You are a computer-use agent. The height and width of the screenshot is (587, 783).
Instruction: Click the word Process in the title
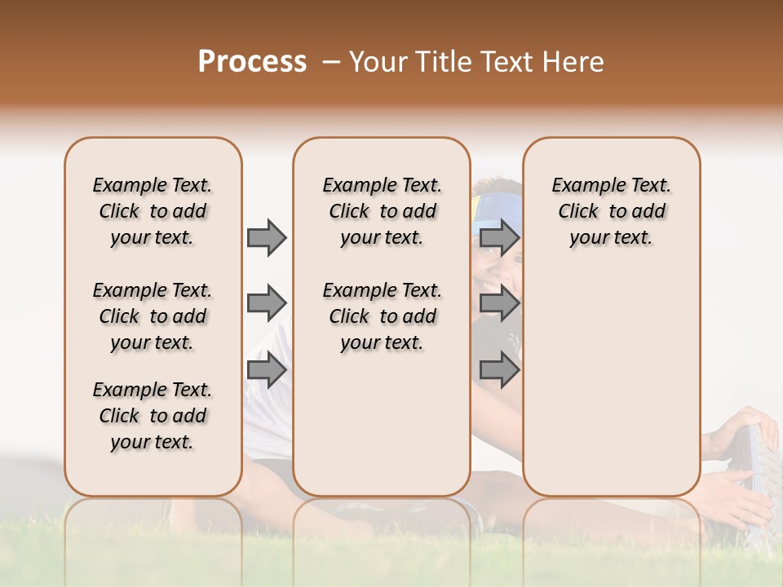(252, 62)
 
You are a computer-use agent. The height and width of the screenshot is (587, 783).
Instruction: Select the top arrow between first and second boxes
(267, 237)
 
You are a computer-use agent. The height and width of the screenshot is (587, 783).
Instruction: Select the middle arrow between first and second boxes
(267, 304)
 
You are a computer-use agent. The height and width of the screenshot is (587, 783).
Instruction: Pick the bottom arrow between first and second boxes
(267, 370)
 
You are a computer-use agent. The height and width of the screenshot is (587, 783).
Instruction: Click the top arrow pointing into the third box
(499, 237)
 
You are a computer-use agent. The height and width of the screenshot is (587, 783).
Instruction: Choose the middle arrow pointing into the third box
(499, 304)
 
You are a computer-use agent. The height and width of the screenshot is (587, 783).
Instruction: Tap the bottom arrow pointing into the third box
(499, 370)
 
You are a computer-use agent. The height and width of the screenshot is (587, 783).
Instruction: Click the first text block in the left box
(153, 211)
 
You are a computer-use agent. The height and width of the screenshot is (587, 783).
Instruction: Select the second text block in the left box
(153, 316)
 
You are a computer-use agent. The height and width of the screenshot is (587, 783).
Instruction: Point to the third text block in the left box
(153, 416)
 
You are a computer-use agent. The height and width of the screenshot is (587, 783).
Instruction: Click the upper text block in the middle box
(382, 211)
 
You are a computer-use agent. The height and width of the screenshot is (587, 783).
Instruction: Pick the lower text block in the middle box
(382, 316)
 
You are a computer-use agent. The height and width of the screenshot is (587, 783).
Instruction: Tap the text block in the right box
(611, 211)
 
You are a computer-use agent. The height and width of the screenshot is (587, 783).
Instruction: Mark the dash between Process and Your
(331, 62)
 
